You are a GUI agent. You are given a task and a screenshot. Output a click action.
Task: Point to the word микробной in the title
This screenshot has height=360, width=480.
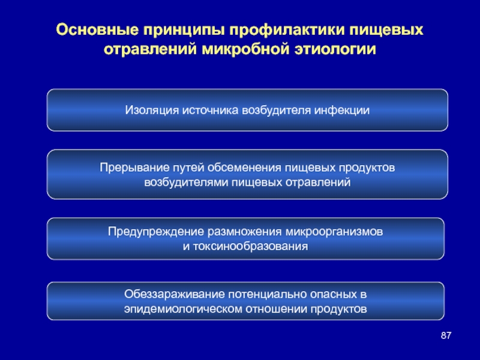pos(245,49)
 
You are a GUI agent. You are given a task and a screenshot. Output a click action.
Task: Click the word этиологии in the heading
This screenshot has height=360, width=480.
pos(335,50)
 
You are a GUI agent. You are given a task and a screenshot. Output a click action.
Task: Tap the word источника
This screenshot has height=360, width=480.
pos(211,110)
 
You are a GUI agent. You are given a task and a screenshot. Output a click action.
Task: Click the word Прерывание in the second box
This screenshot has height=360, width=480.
pos(134,168)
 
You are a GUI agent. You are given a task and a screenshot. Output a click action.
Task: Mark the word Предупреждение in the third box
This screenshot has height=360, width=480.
pos(156,232)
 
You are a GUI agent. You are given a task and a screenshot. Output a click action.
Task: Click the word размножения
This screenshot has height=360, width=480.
pos(245,232)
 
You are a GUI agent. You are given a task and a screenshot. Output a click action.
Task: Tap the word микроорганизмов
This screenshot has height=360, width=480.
pos(334,232)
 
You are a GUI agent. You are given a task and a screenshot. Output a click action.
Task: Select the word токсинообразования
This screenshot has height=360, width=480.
pos(250,247)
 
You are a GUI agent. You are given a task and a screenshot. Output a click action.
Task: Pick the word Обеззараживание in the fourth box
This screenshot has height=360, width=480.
pos(174,295)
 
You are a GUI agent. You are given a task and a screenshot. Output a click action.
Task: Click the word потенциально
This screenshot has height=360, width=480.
pos(267,295)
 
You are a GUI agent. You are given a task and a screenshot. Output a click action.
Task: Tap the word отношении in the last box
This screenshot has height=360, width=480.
pos(277,309)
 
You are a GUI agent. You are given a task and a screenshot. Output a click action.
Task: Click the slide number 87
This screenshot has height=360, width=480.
pos(446,335)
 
